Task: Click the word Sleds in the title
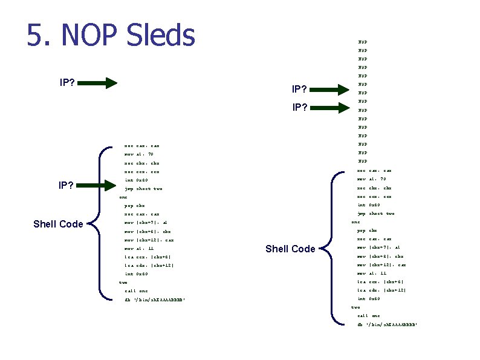tap(161, 34)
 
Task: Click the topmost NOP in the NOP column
tap(363, 42)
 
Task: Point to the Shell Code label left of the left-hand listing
tap(58, 224)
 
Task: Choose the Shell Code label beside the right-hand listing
tap(290, 249)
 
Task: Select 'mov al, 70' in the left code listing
tap(139, 154)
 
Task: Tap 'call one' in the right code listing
tap(369, 316)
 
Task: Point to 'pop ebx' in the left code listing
tap(134, 206)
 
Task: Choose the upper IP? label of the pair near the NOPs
tap(300, 90)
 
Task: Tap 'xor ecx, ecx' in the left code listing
tap(141, 172)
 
